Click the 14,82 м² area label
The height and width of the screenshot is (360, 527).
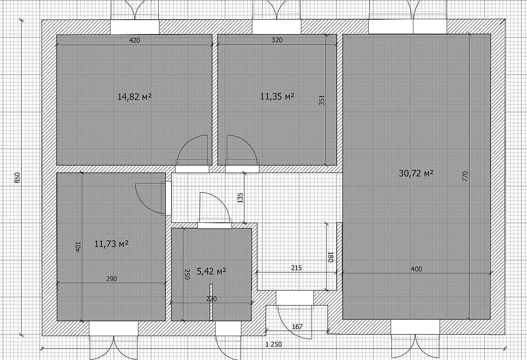click(134, 97)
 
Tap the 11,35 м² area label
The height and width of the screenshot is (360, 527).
click(277, 96)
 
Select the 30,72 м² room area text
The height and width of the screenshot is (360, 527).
click(416, 173)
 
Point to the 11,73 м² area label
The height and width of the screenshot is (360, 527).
click(111, 244)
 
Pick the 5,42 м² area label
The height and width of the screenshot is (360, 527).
click(211, 271)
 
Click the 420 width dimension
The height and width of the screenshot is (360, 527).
click(134, 40)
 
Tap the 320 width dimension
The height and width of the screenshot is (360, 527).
click(277, 40)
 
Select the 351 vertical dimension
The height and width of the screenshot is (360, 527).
click(322, 100)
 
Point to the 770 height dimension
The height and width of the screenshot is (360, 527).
click(465, 176)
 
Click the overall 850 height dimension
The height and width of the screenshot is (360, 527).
click(17, 178)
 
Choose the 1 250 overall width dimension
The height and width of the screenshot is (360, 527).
click(273, 344)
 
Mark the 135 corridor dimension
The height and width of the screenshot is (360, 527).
click(240, 198)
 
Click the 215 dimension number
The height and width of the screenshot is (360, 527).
click(297, 268)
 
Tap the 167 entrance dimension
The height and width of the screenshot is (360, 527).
click(297, 327)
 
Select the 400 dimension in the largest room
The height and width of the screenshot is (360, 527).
click(417, 269)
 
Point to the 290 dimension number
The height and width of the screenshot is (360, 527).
click(112, 279)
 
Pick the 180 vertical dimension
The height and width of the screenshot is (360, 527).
click(331, 257)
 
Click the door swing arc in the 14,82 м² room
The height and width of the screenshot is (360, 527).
click(186, 142)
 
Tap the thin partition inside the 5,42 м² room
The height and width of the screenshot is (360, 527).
click(211, 302)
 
